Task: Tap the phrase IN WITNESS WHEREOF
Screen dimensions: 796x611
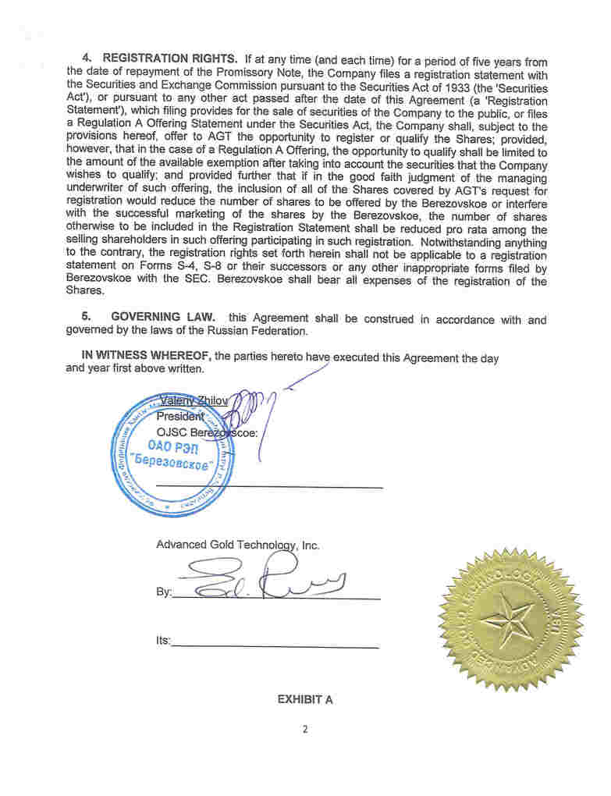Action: (147, 356)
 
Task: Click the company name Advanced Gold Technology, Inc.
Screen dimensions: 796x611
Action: (237, 545)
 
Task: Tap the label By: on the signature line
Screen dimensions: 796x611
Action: (163, 592)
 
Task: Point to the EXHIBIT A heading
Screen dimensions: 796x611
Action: (305, 699)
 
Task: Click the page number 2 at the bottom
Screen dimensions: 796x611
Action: (305, 730)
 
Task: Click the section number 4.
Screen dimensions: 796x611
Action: (87, 59)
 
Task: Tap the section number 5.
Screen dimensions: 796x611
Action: (87, 318)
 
